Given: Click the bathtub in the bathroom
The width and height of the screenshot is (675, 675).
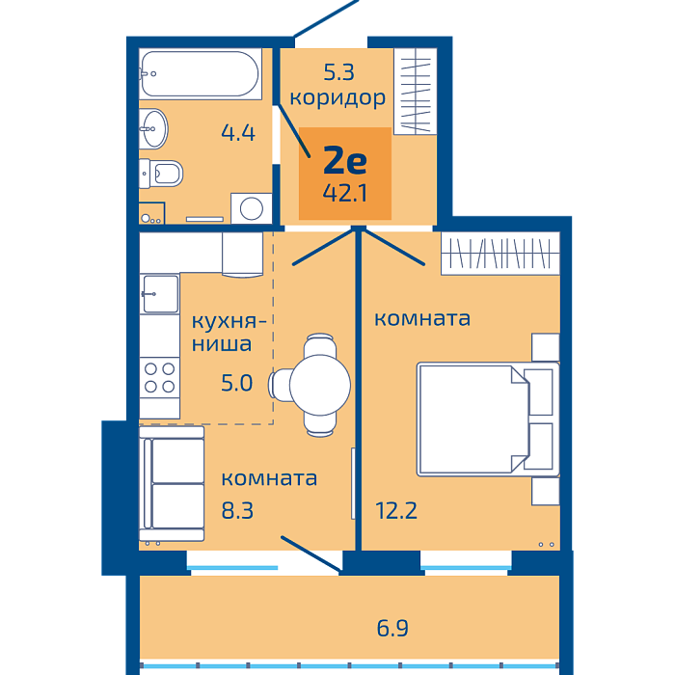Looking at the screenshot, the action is [201, 74].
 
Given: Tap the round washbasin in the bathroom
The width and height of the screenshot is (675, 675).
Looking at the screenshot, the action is [153, 128].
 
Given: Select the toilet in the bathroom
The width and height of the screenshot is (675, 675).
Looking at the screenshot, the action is [161, 174].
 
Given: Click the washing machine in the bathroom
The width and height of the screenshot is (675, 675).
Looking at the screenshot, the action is [252, 208].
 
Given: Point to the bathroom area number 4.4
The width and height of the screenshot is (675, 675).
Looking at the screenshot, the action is [238, 133].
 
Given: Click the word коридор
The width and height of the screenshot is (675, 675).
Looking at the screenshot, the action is [337, 98].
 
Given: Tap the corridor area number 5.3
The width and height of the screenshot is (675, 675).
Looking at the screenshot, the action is [338, 72].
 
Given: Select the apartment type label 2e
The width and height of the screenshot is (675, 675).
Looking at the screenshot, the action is [345, 160].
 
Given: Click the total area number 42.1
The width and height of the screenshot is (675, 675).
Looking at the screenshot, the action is [345, 193].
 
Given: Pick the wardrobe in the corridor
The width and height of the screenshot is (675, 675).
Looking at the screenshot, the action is [416, 92].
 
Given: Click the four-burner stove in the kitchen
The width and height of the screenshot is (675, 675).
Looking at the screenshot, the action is [159, 378].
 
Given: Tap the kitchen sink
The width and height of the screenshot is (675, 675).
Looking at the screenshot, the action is [160, 294].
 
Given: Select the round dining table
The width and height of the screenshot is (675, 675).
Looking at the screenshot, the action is [320, 385].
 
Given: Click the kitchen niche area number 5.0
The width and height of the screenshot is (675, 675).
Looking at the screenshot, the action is [236, 383].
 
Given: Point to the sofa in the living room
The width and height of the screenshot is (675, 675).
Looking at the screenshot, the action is [172, 484].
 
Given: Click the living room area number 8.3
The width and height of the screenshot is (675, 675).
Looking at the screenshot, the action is [237, 510].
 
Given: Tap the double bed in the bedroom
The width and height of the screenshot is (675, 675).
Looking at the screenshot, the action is [488, 419].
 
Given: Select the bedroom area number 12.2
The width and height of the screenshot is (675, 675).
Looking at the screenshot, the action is [396, 510].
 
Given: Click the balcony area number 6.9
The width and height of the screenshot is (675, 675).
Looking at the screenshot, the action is [392, 628].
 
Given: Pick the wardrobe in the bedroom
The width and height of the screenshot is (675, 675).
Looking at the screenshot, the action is [500, 253].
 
